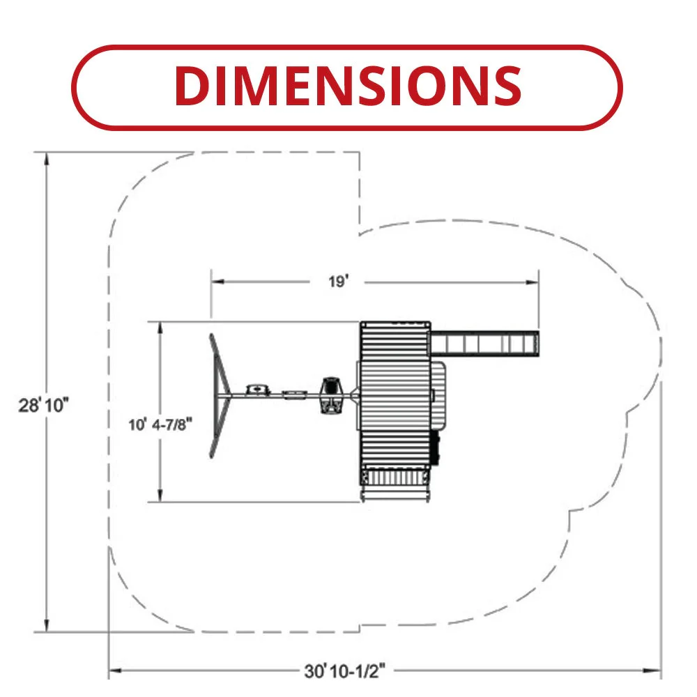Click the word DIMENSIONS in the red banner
(348, 86)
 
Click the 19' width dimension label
(338, 282)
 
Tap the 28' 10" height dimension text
(43, 406)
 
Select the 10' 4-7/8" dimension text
(160, 424)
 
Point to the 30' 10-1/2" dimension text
(345, 671)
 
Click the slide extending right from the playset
(485, 344)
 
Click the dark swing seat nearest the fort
(331, 395)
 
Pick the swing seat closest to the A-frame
(258, 390)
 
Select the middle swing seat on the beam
(294, 395)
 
